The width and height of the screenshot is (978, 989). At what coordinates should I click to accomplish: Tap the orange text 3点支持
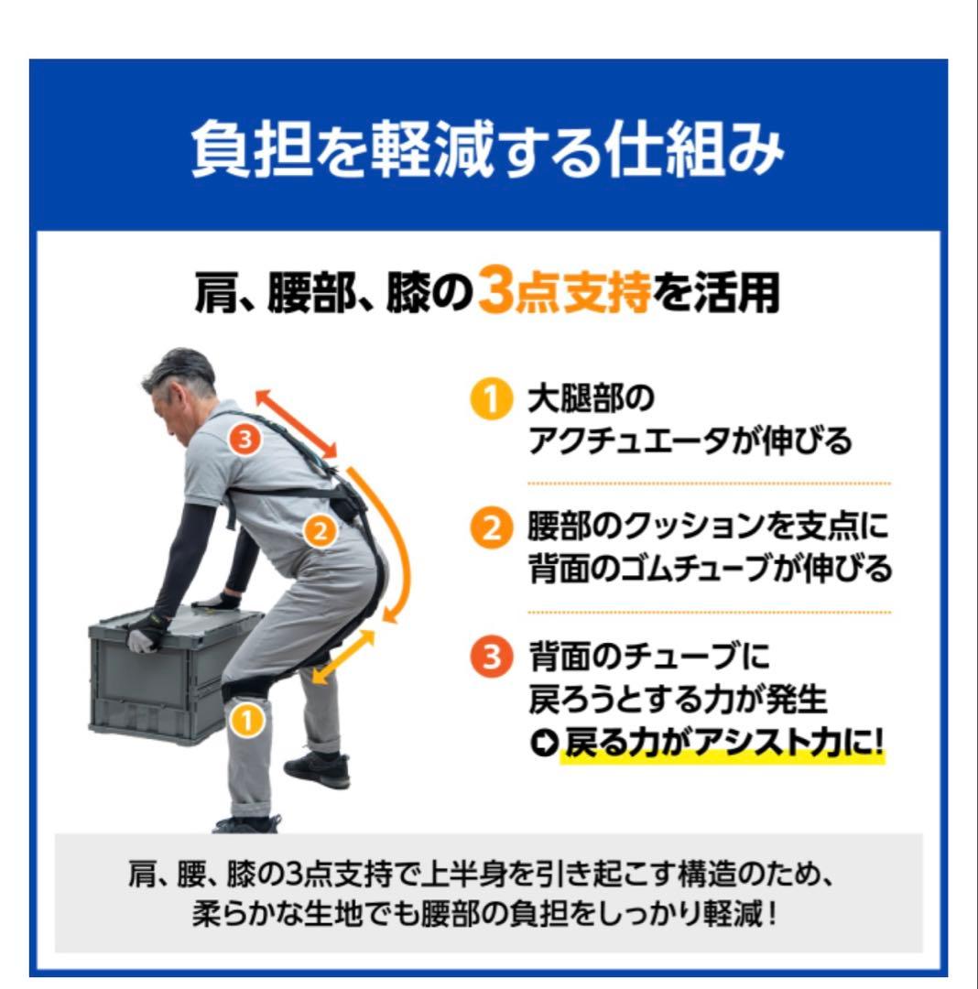point(565,295)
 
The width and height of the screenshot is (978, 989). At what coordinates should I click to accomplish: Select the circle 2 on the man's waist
point(320,531)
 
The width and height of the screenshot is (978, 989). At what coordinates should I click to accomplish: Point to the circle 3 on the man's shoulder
point(244,440)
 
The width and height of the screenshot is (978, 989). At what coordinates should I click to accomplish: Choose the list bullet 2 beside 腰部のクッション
point(490,530)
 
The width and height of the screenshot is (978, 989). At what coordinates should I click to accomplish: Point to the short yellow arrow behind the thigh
point(343,657)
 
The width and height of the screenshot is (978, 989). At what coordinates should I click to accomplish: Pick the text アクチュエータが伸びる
point(690,442)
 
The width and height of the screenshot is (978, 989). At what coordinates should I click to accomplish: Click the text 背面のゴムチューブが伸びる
point(709,570)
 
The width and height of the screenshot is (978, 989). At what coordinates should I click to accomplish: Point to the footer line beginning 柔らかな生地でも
point(486,915)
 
